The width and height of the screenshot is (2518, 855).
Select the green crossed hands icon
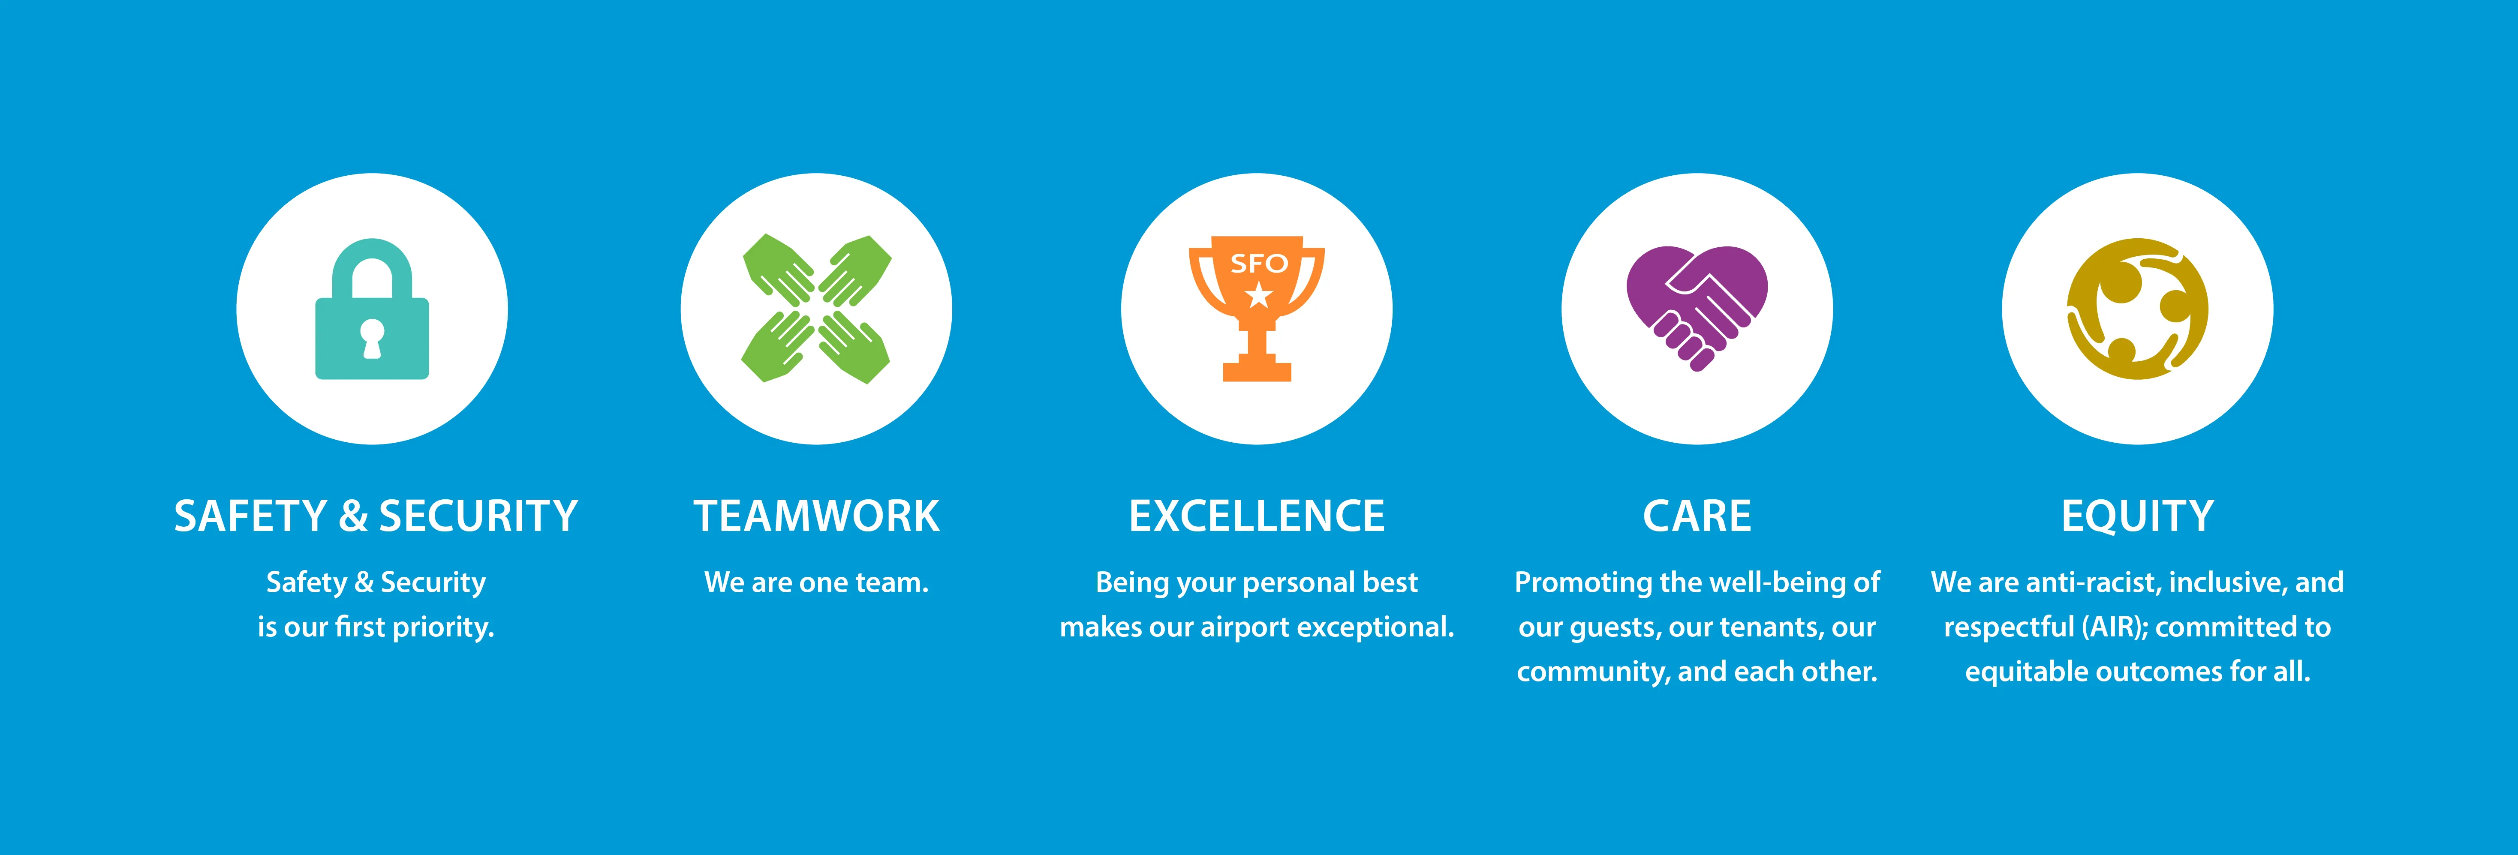(816, 309)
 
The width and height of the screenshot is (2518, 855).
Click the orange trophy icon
(1257, 309)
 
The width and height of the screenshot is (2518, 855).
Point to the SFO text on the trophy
(1258, 264)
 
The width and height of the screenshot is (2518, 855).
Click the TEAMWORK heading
(816, 516)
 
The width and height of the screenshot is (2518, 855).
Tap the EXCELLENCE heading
(1257, 516)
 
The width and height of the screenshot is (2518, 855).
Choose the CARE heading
(1697, 516)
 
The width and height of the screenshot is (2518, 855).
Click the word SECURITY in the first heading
(478, 516)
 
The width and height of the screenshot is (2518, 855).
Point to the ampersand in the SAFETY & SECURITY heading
(353, 516)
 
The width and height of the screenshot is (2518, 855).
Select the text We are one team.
(816, 582)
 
